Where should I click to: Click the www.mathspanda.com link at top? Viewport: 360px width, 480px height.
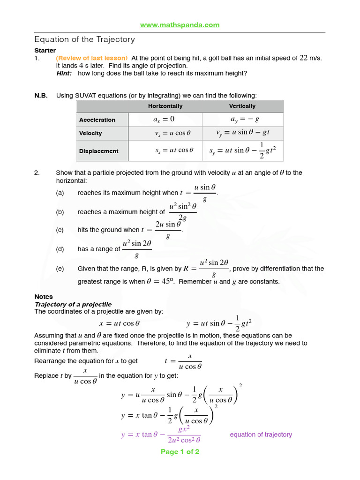(x=180, y=25)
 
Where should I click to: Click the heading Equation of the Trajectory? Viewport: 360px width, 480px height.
(x=84, y=39)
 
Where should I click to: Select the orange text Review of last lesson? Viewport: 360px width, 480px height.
(x=92, y=58)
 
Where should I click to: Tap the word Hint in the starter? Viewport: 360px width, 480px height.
(x=64, y=73)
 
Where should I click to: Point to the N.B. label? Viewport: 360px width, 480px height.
(x=41, y=96)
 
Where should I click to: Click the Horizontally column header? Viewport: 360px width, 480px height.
(x=165, y=106)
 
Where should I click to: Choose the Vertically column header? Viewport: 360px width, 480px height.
(x=242, y=106)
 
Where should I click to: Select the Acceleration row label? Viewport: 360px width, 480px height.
(x=97, y=120)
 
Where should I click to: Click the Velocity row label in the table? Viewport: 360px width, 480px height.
(x=90, y=134)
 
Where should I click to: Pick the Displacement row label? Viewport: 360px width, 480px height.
(x=98, y=151)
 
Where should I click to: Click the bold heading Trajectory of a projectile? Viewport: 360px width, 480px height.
(x=73, y=304)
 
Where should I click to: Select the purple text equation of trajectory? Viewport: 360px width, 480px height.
(x=261, y=435)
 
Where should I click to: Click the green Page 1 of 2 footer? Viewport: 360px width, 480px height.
(x=180, y=452)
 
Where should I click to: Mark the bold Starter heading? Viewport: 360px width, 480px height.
(x=45, y=50)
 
